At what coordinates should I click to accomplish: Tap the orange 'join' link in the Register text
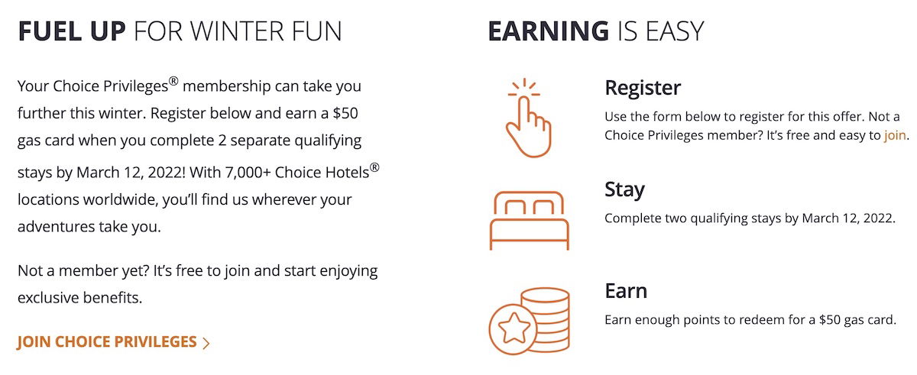pos(895,135)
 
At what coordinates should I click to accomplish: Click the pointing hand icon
pos(528,118)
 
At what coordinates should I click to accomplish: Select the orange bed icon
pos(530,221)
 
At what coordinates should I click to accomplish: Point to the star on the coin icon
pos(514,328)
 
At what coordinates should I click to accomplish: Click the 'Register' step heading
pos(643,88)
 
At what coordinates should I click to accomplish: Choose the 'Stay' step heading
pos(625,189)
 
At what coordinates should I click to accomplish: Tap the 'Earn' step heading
pos(626,291)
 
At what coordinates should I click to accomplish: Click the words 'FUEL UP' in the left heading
pos(72,31)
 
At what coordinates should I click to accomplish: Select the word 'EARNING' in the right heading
pos(549,31)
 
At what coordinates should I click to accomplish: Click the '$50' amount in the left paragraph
pos(345,113)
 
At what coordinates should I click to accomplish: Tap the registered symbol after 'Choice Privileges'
pos(173,82)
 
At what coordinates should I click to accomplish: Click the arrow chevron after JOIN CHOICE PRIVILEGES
pos(206,343)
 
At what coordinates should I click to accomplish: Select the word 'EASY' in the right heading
pos(674,31)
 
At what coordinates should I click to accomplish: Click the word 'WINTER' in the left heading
pos(237,31)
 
